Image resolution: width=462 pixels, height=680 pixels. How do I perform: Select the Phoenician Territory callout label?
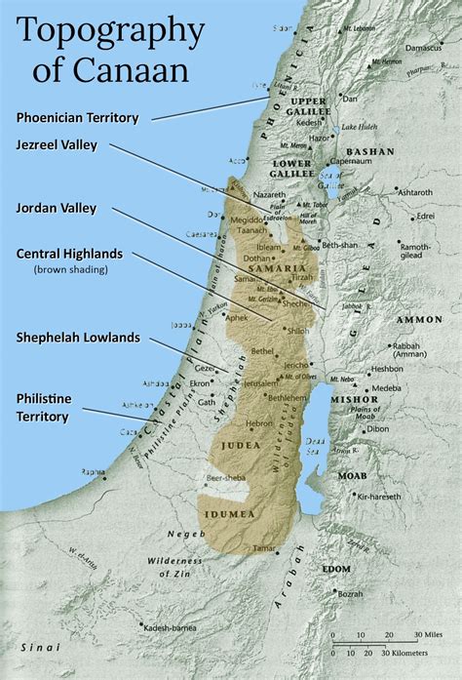pos(78,117)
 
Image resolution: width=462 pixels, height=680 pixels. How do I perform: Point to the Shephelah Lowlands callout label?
pos(78,338)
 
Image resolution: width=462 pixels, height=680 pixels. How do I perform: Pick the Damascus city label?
pos(427,47)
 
